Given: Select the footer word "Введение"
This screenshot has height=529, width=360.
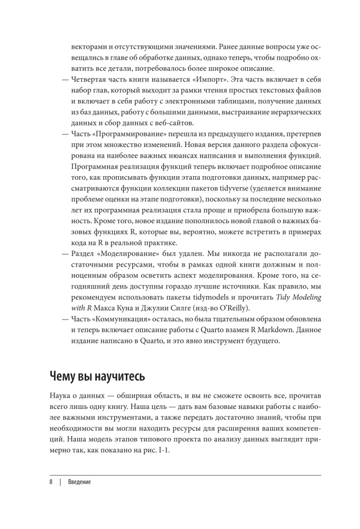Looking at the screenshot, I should click(x=79, y=482).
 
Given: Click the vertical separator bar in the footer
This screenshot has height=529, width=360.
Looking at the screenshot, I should click(x=61, y=482).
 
